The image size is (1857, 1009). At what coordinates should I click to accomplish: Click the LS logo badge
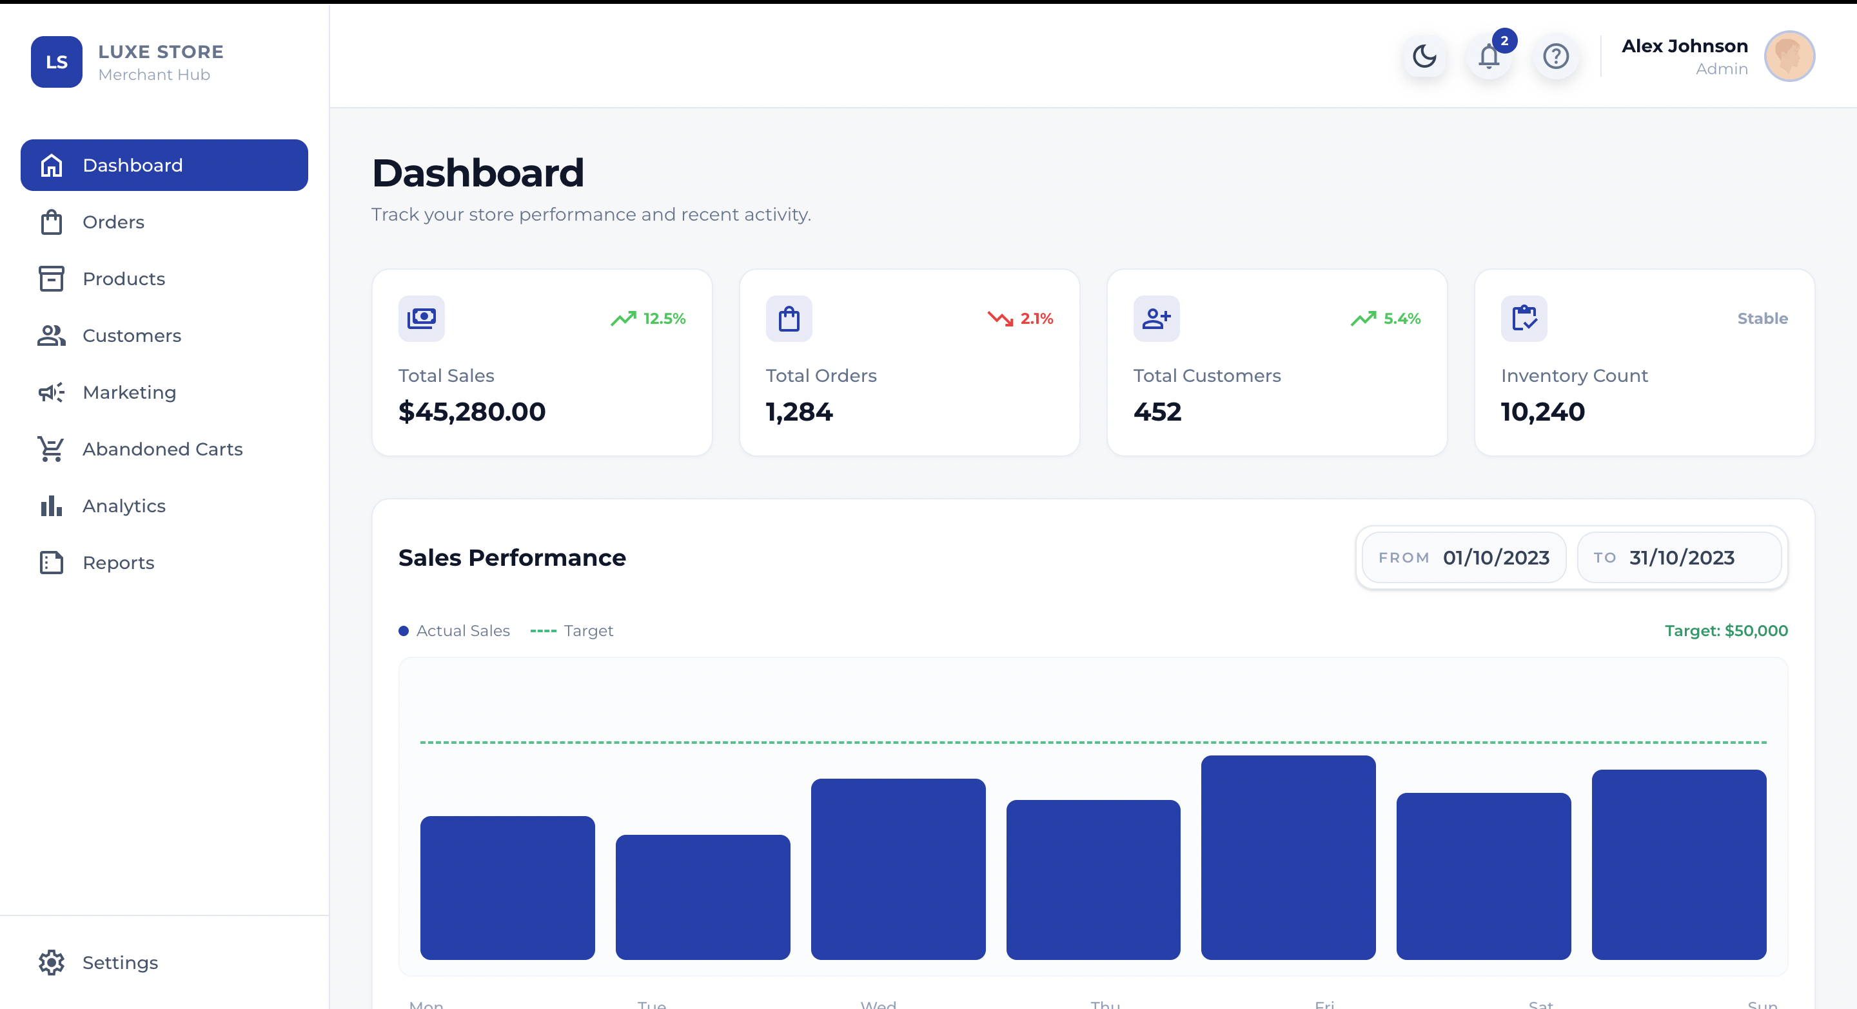[56, 62]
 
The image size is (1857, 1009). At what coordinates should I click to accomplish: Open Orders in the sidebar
[113, 222]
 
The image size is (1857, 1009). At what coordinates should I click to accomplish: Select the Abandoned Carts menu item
[162, 449]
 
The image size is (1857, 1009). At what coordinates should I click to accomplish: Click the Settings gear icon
[51, 962]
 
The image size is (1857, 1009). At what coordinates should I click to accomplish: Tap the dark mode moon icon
[1424, 56]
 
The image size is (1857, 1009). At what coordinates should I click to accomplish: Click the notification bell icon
[1489, 56]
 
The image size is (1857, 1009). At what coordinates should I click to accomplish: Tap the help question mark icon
[1556, 56]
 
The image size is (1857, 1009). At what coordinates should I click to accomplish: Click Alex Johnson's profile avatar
[1789, 56]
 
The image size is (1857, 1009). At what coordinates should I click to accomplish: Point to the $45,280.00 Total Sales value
[472, 412]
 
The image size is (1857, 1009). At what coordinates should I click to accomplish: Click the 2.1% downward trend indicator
[1020, 319]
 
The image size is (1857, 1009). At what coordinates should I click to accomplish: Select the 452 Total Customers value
[1157, 412]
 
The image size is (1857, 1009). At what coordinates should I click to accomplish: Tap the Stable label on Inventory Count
[1762, 319]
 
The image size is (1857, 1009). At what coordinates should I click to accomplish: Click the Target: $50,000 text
[1726, 631]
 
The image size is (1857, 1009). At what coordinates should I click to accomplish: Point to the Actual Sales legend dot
[404, 631]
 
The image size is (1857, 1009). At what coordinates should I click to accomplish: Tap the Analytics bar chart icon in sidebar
[51, 506]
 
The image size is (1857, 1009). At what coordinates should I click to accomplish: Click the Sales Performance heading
[512, 557]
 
